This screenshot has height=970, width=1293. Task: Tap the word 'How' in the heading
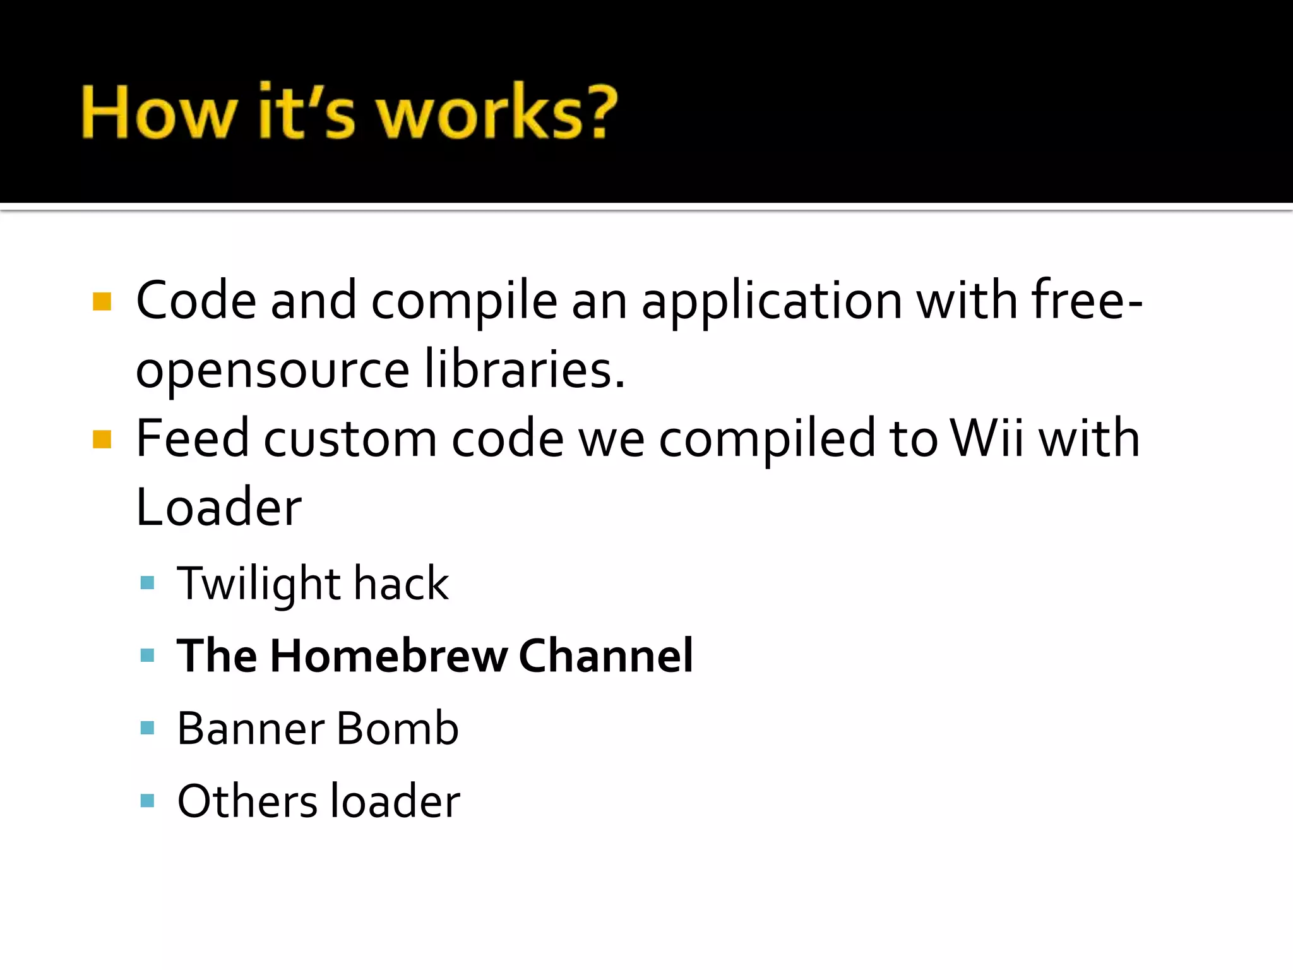point(158,112)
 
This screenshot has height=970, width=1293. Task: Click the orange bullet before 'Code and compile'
point(102,301)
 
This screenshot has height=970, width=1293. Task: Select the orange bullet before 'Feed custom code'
point(102,439)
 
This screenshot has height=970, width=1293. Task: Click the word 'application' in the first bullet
point(772,301)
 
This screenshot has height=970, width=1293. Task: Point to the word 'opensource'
point(273,370)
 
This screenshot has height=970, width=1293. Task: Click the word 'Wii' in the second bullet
point(987,438)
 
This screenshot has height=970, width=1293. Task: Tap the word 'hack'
point(401,583)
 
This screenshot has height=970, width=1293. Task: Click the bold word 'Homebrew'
point(388,656)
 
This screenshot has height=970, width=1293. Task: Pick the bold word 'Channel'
point(605,656)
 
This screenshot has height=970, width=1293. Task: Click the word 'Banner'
point(251,728)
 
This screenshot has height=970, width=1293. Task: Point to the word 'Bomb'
point(397,728)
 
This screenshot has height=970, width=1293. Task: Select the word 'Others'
point(247,801)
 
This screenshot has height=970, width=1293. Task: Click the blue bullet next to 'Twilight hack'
point(148,582)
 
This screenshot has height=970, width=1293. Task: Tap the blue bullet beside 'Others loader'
point(148,801)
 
